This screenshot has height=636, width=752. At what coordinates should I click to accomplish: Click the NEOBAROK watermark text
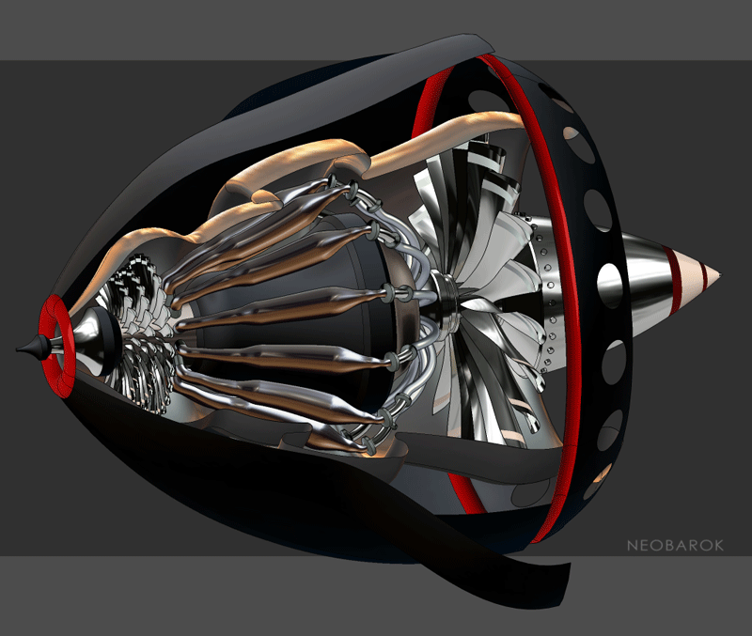click(x=675, y=546)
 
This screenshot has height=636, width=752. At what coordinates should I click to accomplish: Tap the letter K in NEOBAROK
click(x=718, y=546)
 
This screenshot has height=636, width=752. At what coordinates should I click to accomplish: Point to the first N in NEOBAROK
click(x=632, y=546)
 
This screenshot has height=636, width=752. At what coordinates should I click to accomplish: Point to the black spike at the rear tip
click(x=32, y=348)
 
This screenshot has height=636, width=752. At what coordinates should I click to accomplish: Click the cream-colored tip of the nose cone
click(x=713, y=274)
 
